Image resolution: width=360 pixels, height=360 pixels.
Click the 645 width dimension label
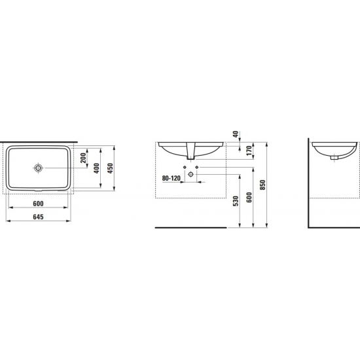tap(38, 217)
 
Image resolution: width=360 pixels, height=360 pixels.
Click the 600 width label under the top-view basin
tap(38, 204)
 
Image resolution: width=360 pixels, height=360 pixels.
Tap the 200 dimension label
tap(83, 158)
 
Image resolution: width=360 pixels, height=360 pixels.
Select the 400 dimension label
tap(97, 168)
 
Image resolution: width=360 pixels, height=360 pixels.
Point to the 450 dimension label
tap(111, 168)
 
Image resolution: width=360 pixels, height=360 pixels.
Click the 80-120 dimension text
tap(171, 178)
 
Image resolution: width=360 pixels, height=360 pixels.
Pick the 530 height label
tap(236, 201)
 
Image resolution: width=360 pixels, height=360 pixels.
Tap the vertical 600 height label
tap(249, 197)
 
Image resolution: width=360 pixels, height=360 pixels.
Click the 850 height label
tap(263, 185)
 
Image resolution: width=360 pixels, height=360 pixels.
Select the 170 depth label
tap(249, 151)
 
